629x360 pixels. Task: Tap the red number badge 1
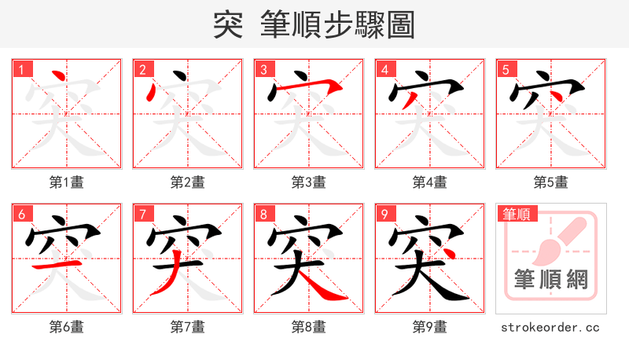(x=21, y=70)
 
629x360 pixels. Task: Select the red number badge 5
(x=506, y=70)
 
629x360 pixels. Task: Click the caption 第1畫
(x=66, y=182)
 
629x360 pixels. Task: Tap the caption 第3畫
(x=308, y=182)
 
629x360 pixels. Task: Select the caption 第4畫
(x=429, y=182)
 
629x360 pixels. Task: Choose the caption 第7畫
(x=187, y=326)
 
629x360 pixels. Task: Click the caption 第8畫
(x=308, y=326)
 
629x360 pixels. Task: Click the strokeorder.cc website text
(x=550, y=326)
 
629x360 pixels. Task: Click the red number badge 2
(x=142, y=70)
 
